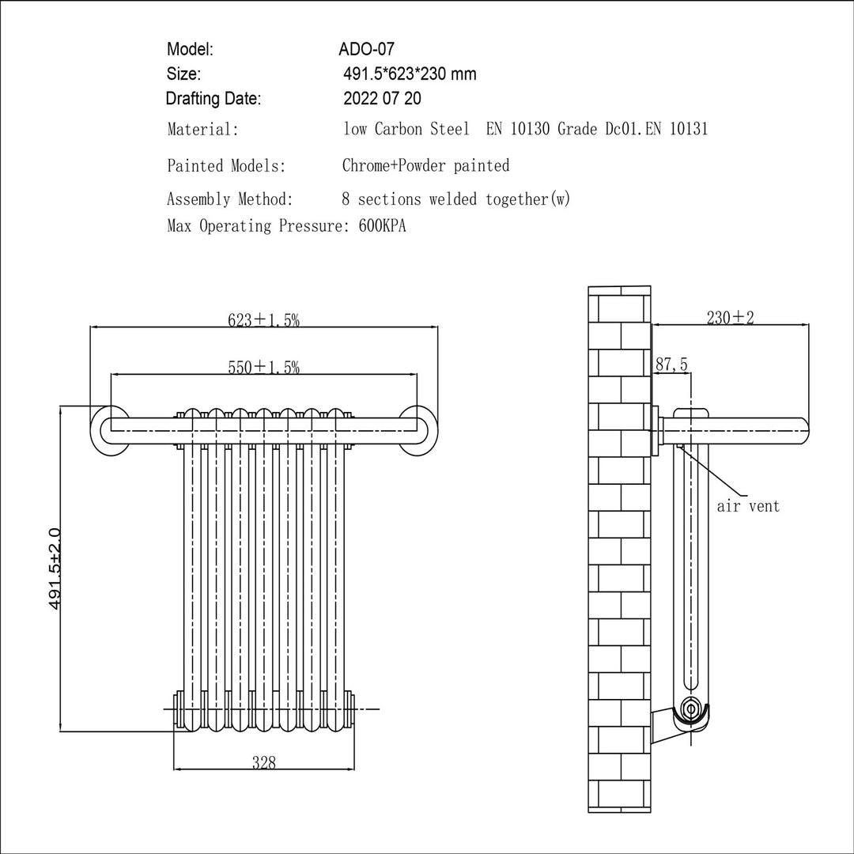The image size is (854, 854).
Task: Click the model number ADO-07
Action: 366,49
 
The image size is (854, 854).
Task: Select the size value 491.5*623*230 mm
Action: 410,74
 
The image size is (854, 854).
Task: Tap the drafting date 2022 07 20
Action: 382,98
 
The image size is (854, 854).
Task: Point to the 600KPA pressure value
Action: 383,225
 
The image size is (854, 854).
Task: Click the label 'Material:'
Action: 202,130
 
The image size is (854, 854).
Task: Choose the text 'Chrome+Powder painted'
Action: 426,165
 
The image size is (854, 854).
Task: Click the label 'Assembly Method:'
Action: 230,199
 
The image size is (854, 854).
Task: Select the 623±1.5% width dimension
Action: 263,319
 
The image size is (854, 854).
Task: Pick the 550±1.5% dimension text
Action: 263,367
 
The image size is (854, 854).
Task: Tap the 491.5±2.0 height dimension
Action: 55,569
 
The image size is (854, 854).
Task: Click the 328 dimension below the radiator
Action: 264,762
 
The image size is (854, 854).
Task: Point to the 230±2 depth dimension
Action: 731,317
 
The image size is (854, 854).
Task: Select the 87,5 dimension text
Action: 671,364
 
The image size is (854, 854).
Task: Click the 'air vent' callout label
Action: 748,506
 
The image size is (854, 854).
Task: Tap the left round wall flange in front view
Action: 111,430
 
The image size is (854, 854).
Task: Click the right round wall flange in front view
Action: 418,430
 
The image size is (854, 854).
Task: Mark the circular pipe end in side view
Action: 691,709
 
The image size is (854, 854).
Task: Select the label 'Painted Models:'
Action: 227,165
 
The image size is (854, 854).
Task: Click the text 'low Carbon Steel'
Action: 406,129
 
